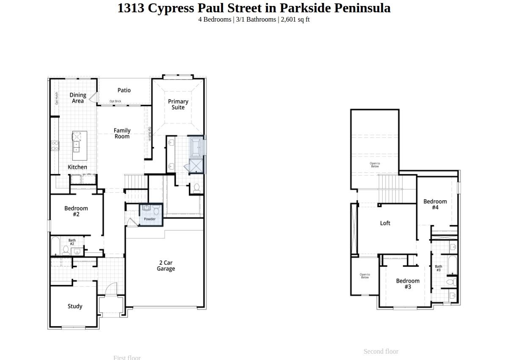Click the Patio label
pyautogui.click(x=124, y=90)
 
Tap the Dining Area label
pyautogui.click(x=78, y=98)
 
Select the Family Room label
pyautogui.click(x=122, y=133)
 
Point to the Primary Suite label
pyautogui.click(x=178, y=104)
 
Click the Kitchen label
pyautogui.click(x=77, y=167)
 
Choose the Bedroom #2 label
pyautogui.click(x=76, y=211)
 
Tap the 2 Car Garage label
pyautogui.click(x=166, y=266)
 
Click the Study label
pyautogui.click(x=75, y=306)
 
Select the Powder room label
pyautogui.click(x=150, y=219)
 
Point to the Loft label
pyautogui.click(x=385, y=223)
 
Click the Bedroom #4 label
pyautogui.click(x=435, y=204)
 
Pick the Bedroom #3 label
pyautogui.click(x=408, y=284)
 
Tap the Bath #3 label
pyautogui.click(x=439, y=268)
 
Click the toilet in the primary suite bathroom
pyautogui.click(x=196, y=188)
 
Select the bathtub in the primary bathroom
pyautogui.click(x=196, y=147)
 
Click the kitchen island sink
pyautogui.click(x=76, y=147)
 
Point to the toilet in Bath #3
pyautogui.click(x=451, y=281)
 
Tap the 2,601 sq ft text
pyautogui.click(x=295, y=19)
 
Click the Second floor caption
pyautogui.click(x=381, y=352)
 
